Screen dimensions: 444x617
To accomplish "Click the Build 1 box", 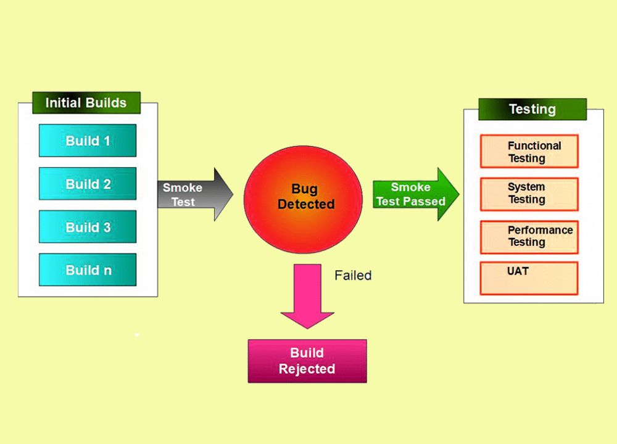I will pyautogui.click(x=88, y=141).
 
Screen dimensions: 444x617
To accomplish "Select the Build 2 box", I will pyautogui.click(x=88, y=184).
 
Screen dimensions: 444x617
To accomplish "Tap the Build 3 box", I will pyautogui.click(x=88, y=227).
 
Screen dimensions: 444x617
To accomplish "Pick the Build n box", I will pyautogui.click(x=88, y=270).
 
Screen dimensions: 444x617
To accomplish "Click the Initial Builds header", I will pyautogui.click(x=86, y=102).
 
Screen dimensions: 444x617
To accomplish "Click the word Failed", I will pyautogui.click(x=353, y=275).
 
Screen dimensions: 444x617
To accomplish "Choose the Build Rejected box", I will pyautogui.click(x=307, y=361).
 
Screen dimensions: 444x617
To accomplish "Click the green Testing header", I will pyautogui.click(x=532, y=109).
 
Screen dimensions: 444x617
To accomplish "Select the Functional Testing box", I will pyautogui.click(x=529, y=152).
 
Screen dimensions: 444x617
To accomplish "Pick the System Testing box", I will pyautogui.click(x=529, y=194).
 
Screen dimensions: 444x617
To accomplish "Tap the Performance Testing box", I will pyautogui.click(x=529, y=236).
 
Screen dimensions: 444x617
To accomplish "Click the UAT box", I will pyautogui.click(x=529, y=278).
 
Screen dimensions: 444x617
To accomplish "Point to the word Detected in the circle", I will pyautogui.click(x=306, y=204).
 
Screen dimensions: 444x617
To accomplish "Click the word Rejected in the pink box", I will pyautogui.click(x=307, y=369).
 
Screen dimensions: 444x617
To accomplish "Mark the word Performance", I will pyautogui.click(x=540, y=230).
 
